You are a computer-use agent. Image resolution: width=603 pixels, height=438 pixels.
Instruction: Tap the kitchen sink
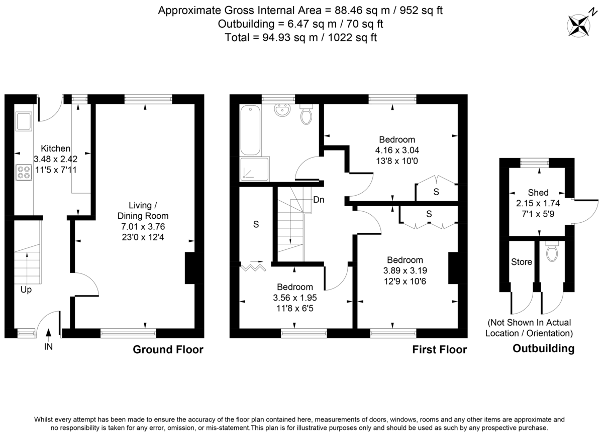(24, 121)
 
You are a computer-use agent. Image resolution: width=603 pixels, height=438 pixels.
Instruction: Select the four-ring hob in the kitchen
(24, 173)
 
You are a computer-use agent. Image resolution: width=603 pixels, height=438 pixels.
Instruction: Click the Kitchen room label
(55, 149)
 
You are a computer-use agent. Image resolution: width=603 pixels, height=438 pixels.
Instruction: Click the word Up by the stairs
(26, 289)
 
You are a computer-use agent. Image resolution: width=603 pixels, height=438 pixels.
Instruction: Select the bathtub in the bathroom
(250, 130)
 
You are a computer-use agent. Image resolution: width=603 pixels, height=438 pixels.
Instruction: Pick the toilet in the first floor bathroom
(306, 114)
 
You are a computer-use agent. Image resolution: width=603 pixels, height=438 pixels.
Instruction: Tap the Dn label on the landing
(319, 200)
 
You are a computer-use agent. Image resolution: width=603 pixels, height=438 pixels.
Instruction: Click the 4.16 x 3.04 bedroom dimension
(397, 150)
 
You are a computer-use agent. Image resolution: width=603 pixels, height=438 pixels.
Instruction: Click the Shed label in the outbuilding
(538, 193)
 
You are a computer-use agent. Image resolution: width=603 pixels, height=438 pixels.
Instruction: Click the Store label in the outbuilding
(522, 261)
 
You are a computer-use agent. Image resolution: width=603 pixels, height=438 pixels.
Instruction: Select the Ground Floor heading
(168, 350)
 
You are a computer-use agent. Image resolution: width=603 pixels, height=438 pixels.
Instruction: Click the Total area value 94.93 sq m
(288, 37)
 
